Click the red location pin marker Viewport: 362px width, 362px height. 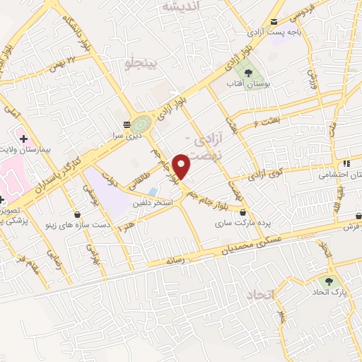tap(182, 165)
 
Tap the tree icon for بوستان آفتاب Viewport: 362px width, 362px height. tap(247, 71)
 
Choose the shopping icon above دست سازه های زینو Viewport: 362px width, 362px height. tap(76, 213)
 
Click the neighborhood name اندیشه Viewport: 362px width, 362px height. tap(182, 6)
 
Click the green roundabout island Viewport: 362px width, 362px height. tap(141, 123)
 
